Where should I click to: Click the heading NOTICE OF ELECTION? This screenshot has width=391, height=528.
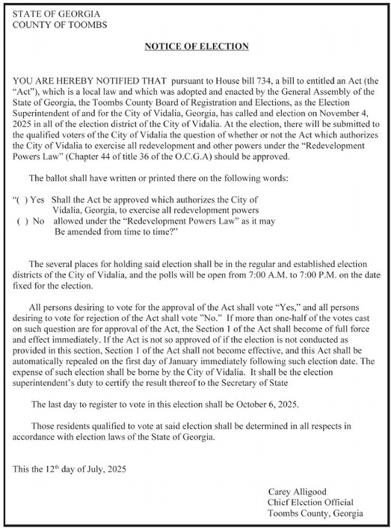pyautogui.click(x=196, y=47)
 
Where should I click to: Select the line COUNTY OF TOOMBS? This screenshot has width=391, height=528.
pyautogui.click(x=49, y=25)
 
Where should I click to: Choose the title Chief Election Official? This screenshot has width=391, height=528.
pyautogui.click(x=310, y=502)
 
